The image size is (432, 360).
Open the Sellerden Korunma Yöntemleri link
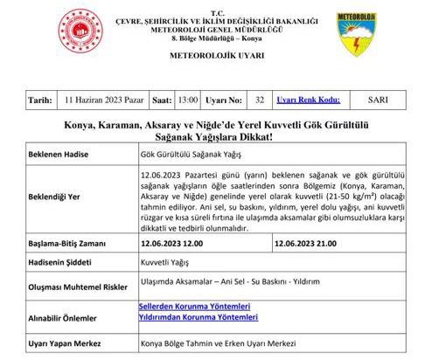(x=195, y=305)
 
